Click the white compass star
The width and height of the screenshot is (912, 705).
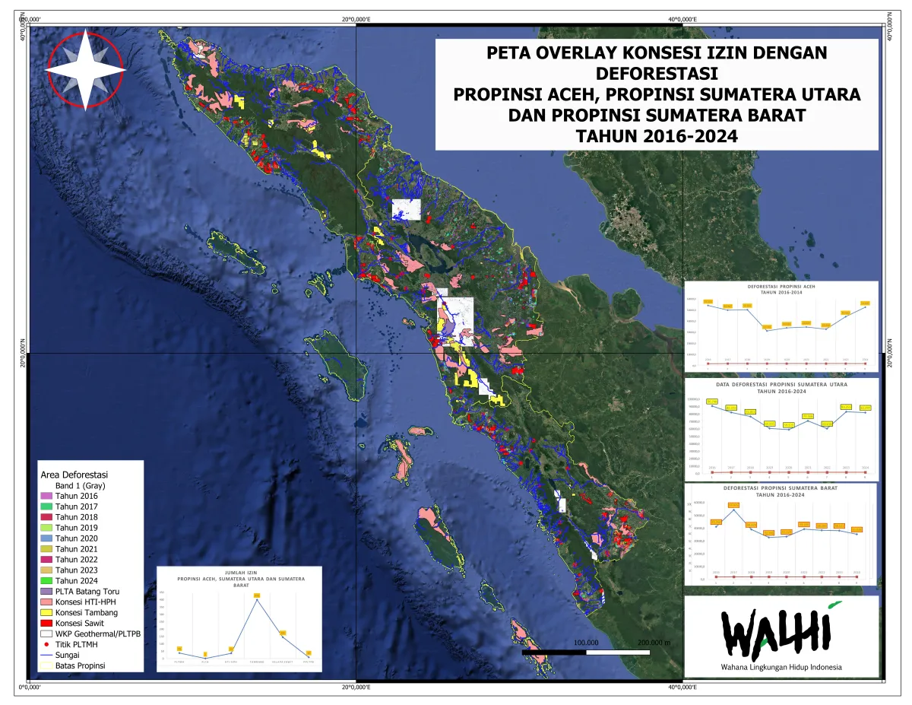click(85, 68)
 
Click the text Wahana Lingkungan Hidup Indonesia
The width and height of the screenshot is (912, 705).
click(781, 668)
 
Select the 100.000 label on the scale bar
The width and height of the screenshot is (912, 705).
click(586, 643)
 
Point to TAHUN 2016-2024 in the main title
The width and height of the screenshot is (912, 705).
click(657, 136)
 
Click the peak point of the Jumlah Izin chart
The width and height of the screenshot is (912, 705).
click(257, 599)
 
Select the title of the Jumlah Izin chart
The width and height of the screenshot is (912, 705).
click(240, 579)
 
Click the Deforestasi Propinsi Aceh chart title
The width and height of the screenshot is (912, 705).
click(781, 289)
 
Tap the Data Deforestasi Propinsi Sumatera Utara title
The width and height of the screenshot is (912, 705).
click(781, 388)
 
